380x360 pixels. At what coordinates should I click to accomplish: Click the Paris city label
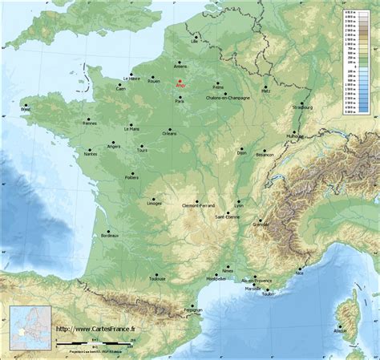tap(180, 101)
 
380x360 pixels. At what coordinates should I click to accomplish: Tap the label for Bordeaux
tap(110, 237)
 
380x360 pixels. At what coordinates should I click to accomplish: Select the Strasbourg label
tap(303, 107)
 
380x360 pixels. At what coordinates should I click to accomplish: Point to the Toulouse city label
tap(156, 279)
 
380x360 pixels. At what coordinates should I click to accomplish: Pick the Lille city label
tap(194, 38)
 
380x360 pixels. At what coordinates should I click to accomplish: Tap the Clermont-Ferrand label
tap(196, 205)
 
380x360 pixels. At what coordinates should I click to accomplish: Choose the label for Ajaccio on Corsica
tap(342, 330)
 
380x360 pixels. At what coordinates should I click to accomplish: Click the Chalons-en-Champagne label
tap(228, 98)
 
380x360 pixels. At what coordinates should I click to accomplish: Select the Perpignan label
tap(192, 309)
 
